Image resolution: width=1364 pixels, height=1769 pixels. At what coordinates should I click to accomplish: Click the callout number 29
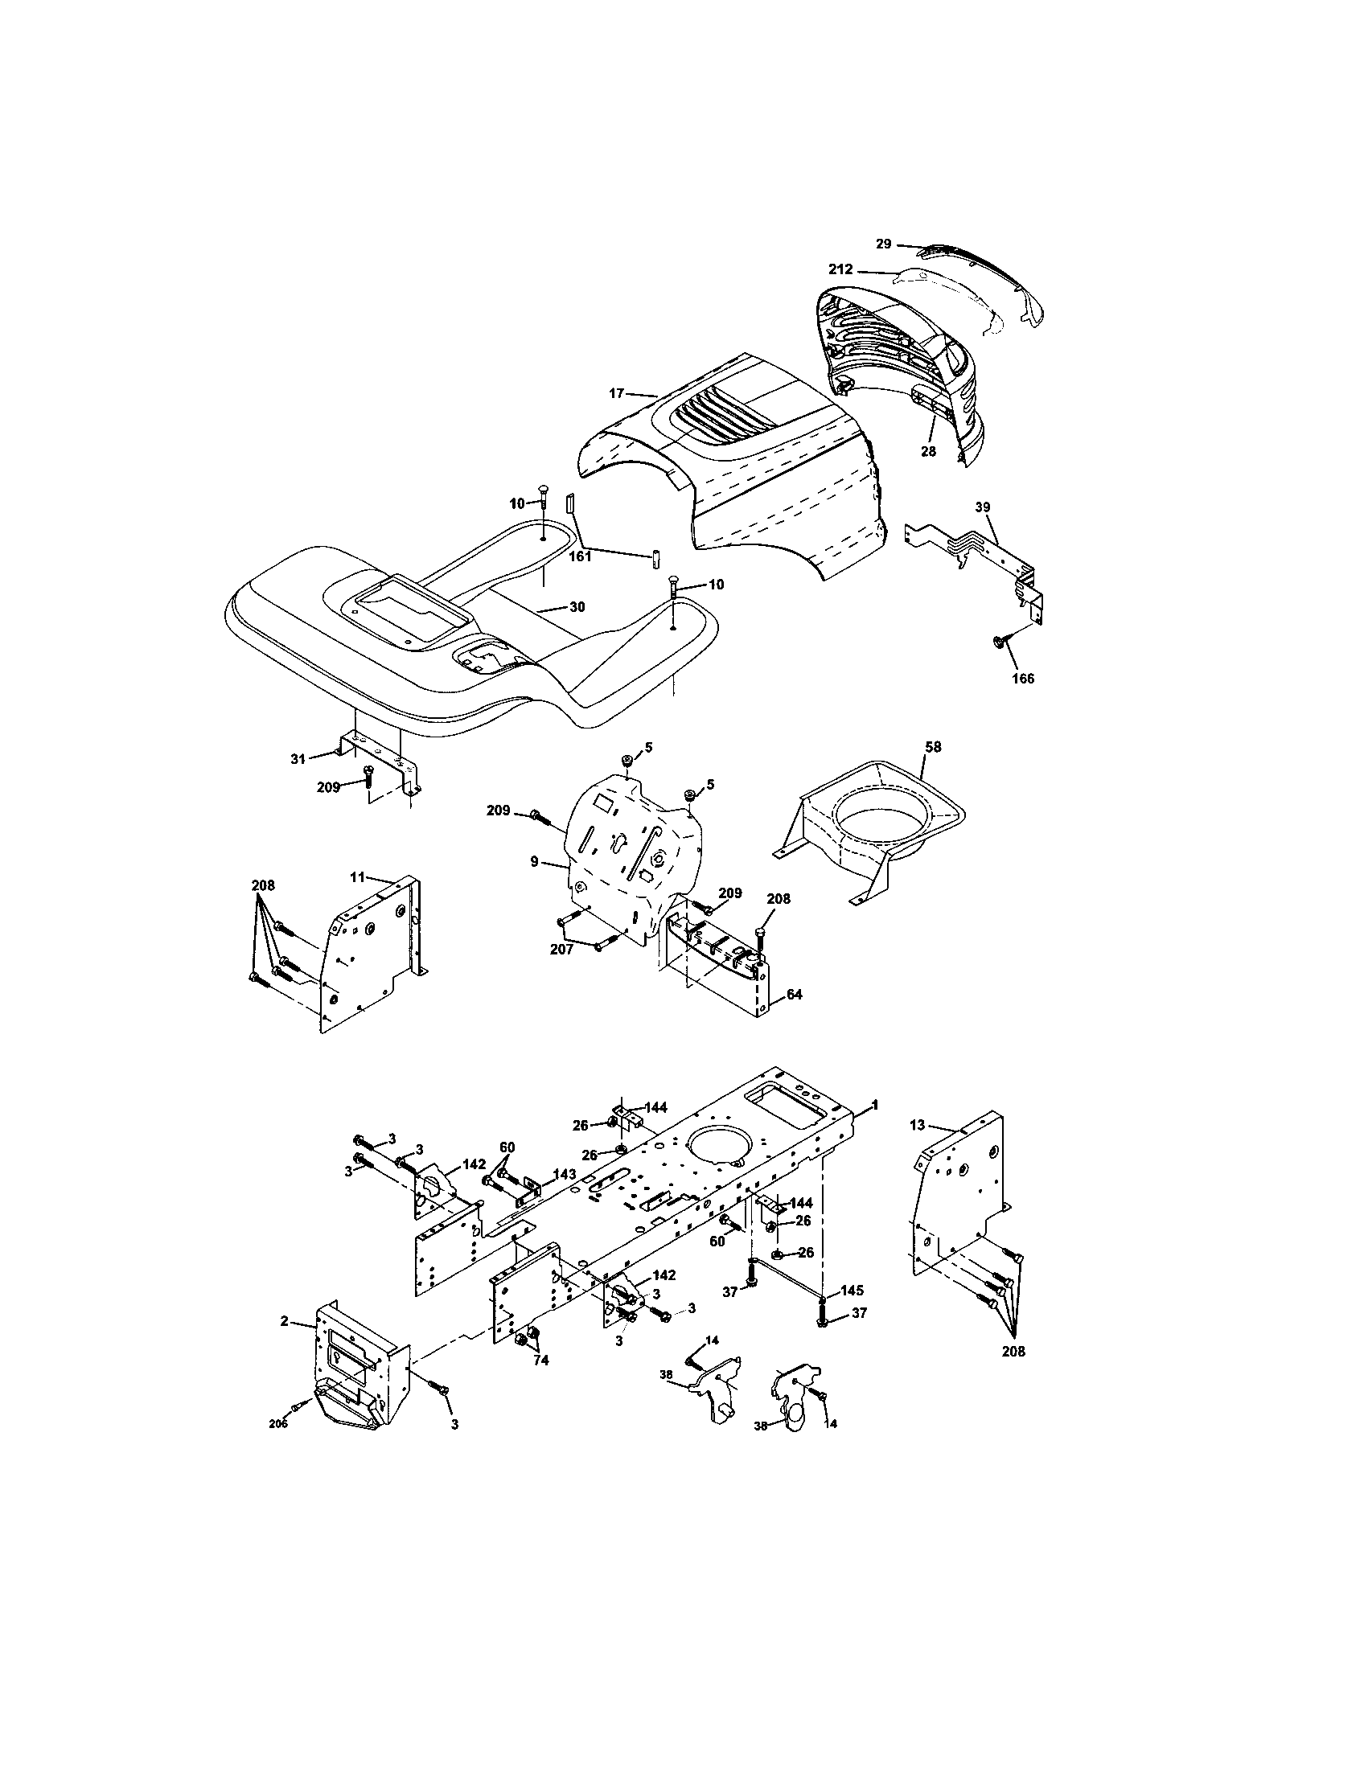[884, 243]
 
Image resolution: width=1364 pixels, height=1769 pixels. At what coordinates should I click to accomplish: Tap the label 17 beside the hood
[616, 393]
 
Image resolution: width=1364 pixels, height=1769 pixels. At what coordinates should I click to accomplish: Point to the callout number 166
[1023, 679]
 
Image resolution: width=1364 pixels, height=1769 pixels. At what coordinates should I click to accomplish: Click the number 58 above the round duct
[933, 747]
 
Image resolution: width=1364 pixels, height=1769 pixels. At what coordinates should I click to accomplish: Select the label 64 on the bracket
[794, 994]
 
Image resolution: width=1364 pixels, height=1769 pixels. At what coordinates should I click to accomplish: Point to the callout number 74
[540, 1361]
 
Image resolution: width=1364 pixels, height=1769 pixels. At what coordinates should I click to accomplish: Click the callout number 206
[277, 1424]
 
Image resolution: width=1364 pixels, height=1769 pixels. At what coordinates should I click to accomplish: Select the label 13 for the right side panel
[917, 1125]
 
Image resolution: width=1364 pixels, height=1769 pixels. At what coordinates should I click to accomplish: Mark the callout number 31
[299, 758]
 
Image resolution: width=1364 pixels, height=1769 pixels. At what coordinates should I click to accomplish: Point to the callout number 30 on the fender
[577, 605]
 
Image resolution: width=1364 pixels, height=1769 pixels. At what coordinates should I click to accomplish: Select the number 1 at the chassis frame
[874, 1104]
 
